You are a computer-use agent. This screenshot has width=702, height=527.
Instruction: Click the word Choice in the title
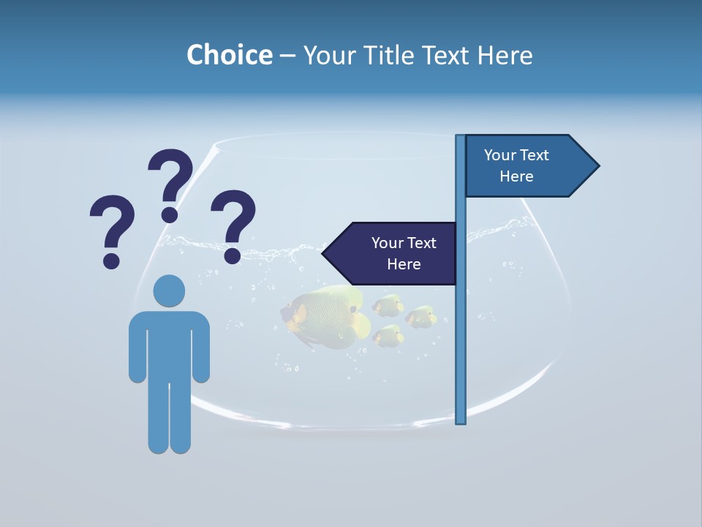click(x=229, y=55)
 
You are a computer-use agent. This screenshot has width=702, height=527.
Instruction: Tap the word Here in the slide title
click(x=505, y=55)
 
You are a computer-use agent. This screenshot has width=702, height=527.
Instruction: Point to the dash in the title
click(x=288, y=56)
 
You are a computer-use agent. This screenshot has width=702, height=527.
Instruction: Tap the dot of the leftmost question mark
click(x=111, y=261)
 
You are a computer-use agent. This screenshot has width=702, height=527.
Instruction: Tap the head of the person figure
click(x=169, y=290)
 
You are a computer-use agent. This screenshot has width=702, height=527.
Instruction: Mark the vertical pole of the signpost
click(x=461, y=329)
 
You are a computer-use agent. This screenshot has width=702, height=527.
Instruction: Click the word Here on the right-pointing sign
click(x=516, y=176)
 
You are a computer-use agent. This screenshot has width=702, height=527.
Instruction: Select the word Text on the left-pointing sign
click(x=420, y=243)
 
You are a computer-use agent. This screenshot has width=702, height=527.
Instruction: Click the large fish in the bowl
click(x=325, y=316)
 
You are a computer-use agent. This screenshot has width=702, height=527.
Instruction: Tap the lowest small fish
click(x=388, y=336)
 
